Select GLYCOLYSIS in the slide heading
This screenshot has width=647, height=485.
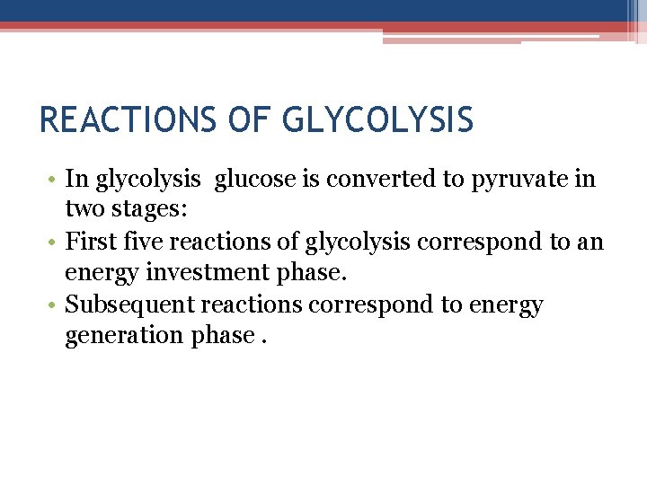377,119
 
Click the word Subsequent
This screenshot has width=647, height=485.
129,304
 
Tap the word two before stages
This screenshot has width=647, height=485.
84,210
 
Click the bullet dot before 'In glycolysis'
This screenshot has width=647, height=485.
53,180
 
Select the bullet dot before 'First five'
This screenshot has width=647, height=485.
53,242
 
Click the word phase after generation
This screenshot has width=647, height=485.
221,336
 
